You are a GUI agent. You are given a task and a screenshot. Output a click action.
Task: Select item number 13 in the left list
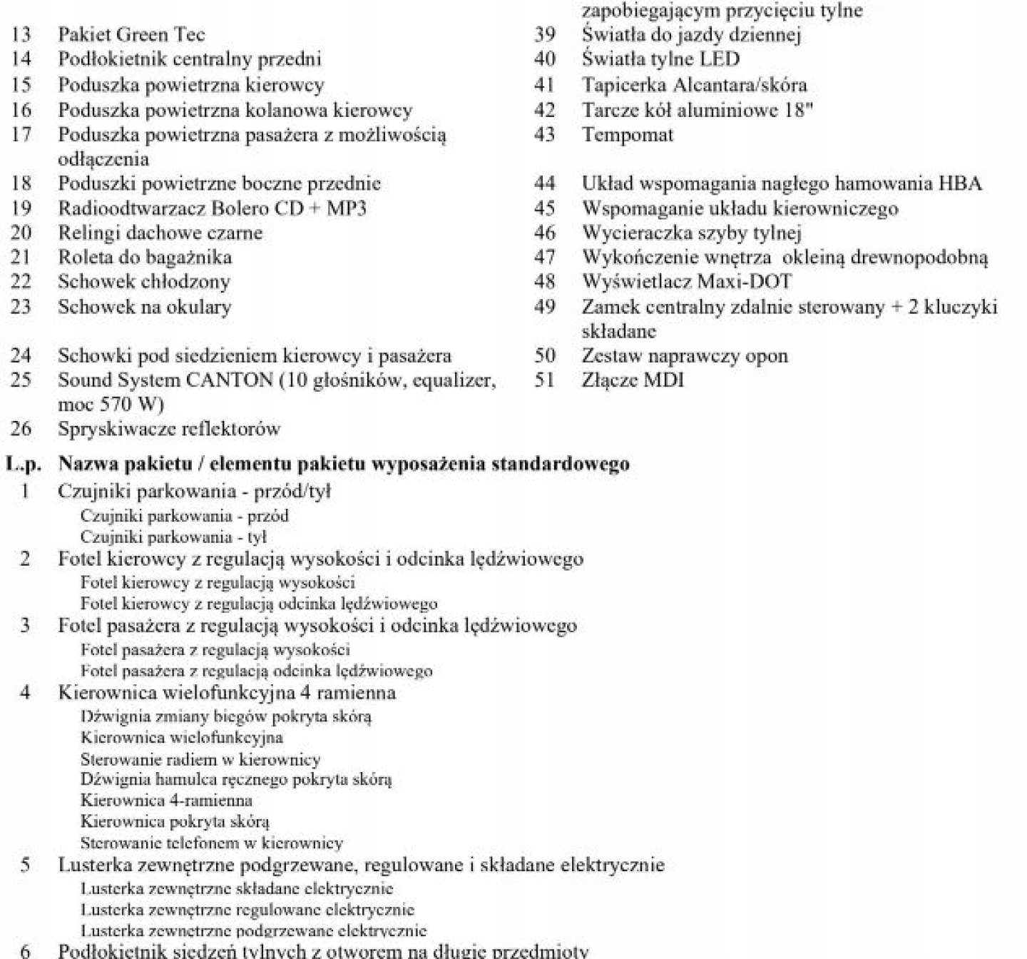click(x=21, y=35)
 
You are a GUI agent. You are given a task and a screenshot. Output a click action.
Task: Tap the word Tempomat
click(x=627, y=135)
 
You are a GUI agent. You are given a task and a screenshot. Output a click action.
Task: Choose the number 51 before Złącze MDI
click(x=545, y=380)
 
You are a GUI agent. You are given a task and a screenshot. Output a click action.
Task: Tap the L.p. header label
click(x=24, y=465)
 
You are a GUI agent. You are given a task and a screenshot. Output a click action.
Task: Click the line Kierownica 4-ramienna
click(x=166, y=801)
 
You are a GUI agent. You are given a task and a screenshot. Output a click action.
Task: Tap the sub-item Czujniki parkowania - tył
click(x=173, y=537)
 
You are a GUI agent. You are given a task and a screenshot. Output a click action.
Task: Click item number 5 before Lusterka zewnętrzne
click(x=25, y=866)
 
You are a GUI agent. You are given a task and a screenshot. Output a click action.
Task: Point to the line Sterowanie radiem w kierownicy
click(x=200, y=759)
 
